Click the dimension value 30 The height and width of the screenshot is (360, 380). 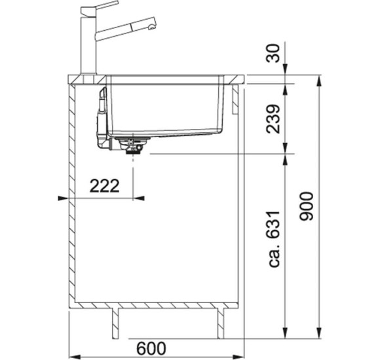273,53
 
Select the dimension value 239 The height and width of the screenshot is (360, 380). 273,119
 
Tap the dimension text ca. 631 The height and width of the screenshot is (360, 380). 274,239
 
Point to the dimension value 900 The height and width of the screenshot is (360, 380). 307,206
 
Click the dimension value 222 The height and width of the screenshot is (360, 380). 105,186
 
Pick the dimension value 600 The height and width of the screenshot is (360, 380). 151,348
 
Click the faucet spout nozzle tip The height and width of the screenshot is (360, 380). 152,27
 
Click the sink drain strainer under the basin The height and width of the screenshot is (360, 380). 132,145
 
